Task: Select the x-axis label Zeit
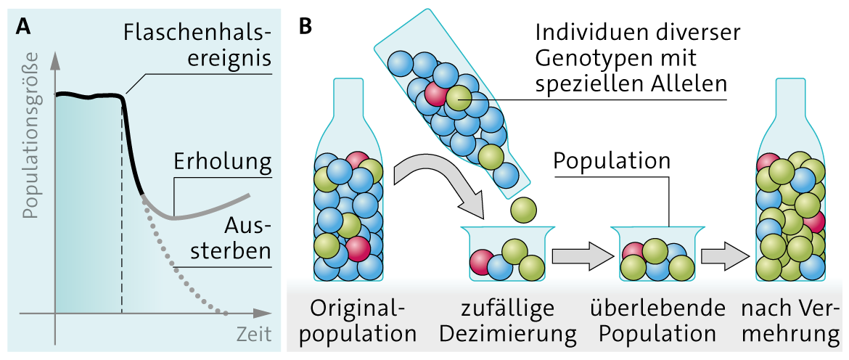253,335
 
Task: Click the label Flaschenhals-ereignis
197,45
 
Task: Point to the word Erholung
222,161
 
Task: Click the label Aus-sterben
244,238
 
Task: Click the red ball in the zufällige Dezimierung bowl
482,261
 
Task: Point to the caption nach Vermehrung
789,322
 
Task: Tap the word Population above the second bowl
612,161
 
